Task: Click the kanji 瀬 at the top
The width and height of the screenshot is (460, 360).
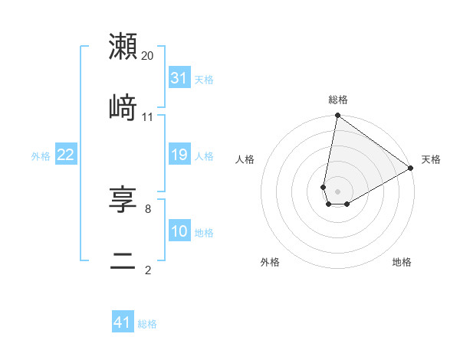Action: point(123,47)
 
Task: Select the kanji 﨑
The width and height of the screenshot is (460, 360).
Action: point(123,108)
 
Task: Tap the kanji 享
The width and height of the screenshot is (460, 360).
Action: point(123,200)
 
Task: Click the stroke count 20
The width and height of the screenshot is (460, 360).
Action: point(148,56)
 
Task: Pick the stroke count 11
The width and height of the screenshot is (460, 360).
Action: point(148,117)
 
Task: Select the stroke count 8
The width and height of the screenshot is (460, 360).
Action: point(148,208)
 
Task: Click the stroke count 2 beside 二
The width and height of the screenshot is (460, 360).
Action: point(148,269)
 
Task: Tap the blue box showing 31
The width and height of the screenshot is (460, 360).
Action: point(179,77)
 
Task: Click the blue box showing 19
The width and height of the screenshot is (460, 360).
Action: point(179,155)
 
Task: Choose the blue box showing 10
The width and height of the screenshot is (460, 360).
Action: point(179,231)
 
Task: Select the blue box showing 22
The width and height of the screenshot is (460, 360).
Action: point(66,155)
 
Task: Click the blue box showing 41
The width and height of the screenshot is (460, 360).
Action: point(123,322)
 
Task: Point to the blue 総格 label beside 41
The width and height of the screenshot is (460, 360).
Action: point(147,324)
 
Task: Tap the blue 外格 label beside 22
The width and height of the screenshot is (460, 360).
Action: point(41,156)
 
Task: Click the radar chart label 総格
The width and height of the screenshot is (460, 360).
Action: point(338,100)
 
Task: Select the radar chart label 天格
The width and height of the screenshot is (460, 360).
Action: point(431,159)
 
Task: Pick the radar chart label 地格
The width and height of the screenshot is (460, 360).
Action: point(402,262)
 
